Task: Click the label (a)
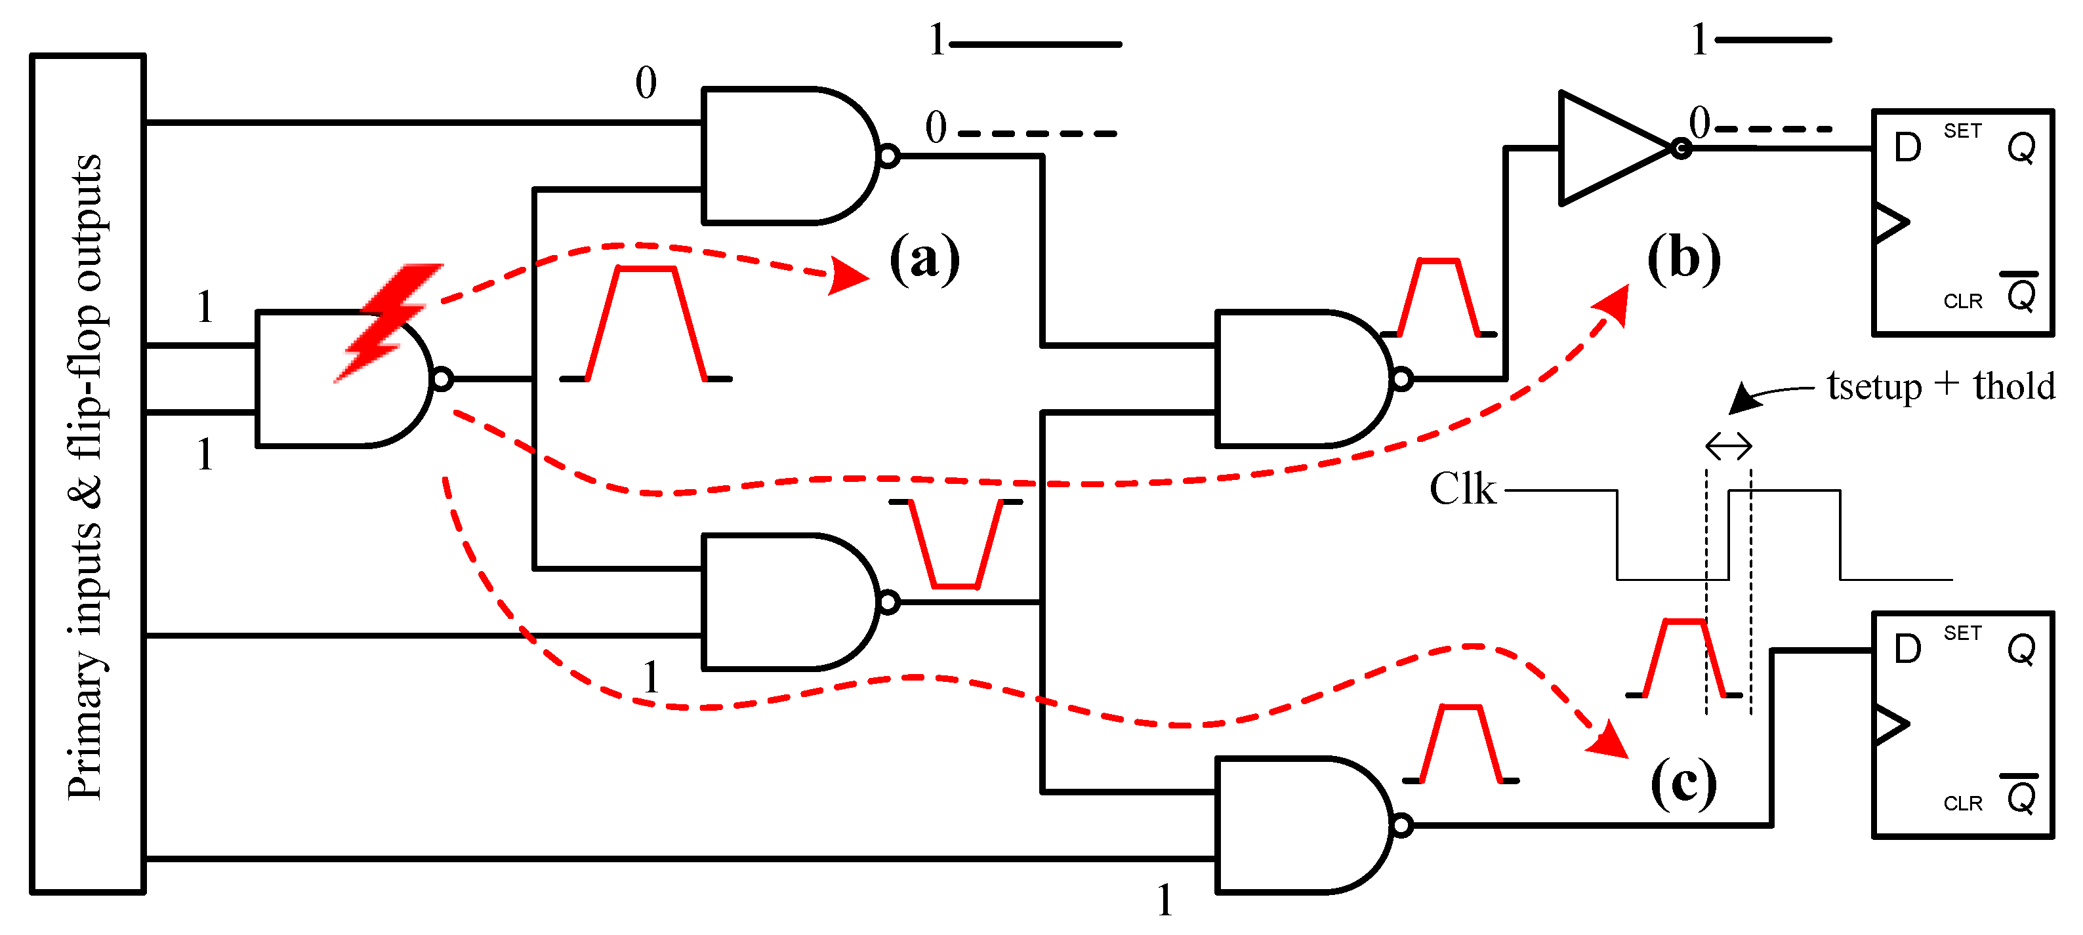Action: tap(924, 260)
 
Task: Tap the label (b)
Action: tap(1683, 260)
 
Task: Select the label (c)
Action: tap(1683, 782)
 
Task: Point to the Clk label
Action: tap(1462, 490)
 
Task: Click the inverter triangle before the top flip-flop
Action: tap(1609, 149)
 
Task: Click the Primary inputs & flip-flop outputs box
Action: tap(87, 473)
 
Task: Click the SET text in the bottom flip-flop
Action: tap(1962, 633)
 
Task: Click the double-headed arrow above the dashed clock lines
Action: tap(1728, 445)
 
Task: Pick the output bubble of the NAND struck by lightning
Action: tap(442, 378)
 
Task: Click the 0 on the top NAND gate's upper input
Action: tap(646, 83)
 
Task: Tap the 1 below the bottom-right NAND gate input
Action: tap(1165, 900)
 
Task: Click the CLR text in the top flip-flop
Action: tap(1962, 302)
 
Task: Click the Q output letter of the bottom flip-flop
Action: tap(2021, 650)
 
